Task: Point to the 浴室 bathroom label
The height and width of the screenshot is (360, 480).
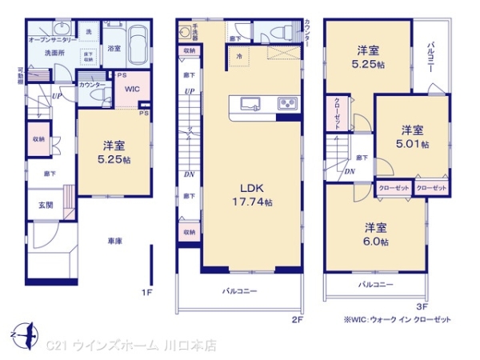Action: (x=114, y=48)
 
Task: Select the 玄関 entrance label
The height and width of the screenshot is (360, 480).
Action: (x=46, y=205)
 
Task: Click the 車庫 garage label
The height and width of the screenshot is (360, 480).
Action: (x=115, y=240)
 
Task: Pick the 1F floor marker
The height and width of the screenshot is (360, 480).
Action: (x=146, y=293)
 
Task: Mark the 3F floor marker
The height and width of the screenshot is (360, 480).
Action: (x=422, y=305)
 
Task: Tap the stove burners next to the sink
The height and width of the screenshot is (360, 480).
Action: (x=286, y=104)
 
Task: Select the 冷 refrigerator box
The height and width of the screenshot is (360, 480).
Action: (x=241, y=56)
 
